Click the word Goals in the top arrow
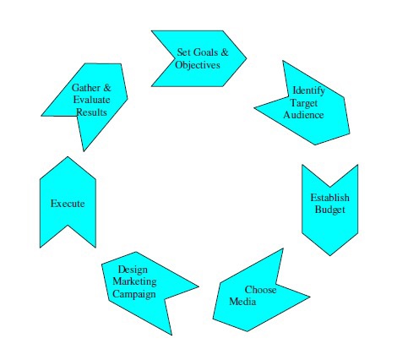[x=205, y=52]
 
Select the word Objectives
[x=198, y=65]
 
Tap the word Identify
[x=308, y=90]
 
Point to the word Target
[x=304, y=103]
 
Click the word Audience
[x=303, y=115]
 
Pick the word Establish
[x=329, y=198]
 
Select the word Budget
[x=330, y=210]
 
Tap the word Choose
[x=260, y=290]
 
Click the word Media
[x=242, y=302]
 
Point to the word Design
[x=133, y=270]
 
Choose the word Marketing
[x=134, y=281]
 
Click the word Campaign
[x=134, y=294]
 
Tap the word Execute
[x=68, y=204]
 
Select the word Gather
[x=86, y=88]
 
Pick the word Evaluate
[x=91, y=100]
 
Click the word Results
[x=91, y=112]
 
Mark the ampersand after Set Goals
[x=225, y=52]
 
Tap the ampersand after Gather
[x=107, y=88]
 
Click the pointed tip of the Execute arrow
[x=68, y=157]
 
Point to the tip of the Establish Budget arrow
[x=330, y=255]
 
